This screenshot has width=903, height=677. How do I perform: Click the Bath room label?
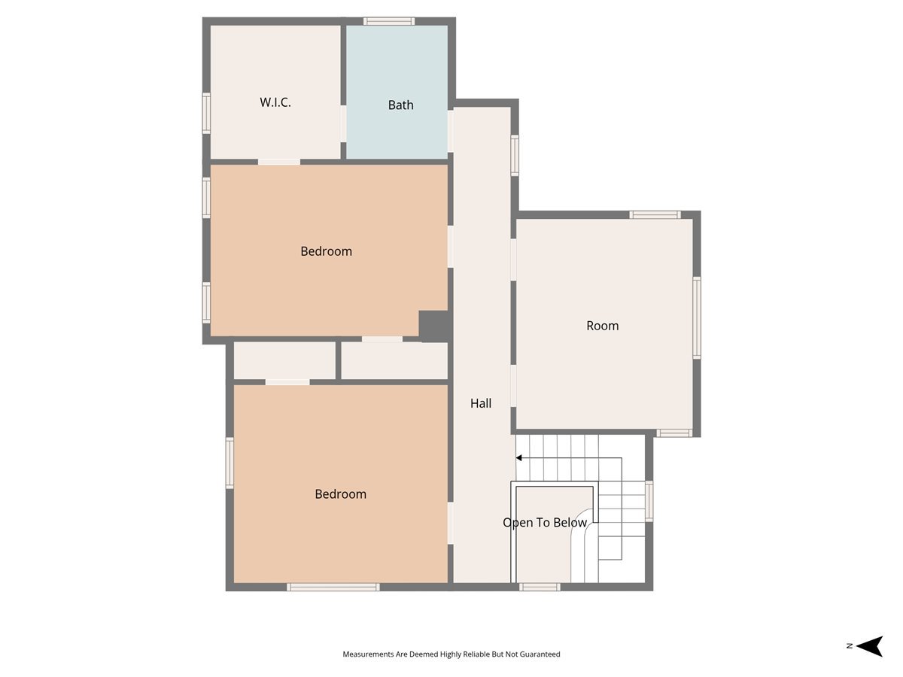400,105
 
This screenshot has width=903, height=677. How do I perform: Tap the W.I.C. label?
275,102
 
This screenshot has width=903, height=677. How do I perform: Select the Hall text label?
481,403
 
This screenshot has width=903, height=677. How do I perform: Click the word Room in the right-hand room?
602,326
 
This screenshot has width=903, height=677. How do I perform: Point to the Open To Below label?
545,523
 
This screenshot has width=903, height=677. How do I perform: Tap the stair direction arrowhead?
519,457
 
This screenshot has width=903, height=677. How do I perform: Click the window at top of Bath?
389,21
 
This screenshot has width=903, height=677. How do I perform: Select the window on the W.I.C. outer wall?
206,114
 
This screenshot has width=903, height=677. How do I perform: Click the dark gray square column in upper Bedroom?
434,326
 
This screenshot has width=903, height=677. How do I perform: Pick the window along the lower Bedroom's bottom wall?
333,587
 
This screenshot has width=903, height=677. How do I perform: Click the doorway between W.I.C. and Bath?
343,123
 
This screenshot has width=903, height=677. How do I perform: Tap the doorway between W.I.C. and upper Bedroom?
279,161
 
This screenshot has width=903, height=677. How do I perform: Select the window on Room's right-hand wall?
697,317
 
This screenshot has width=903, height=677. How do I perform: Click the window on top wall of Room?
655,214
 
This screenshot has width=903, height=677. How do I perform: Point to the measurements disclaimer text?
451,654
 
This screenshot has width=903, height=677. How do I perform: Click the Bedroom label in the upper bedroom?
326,251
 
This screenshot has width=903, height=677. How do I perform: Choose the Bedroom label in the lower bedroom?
340,494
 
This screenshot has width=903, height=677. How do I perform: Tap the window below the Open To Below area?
540,587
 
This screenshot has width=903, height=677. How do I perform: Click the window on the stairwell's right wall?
649,501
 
